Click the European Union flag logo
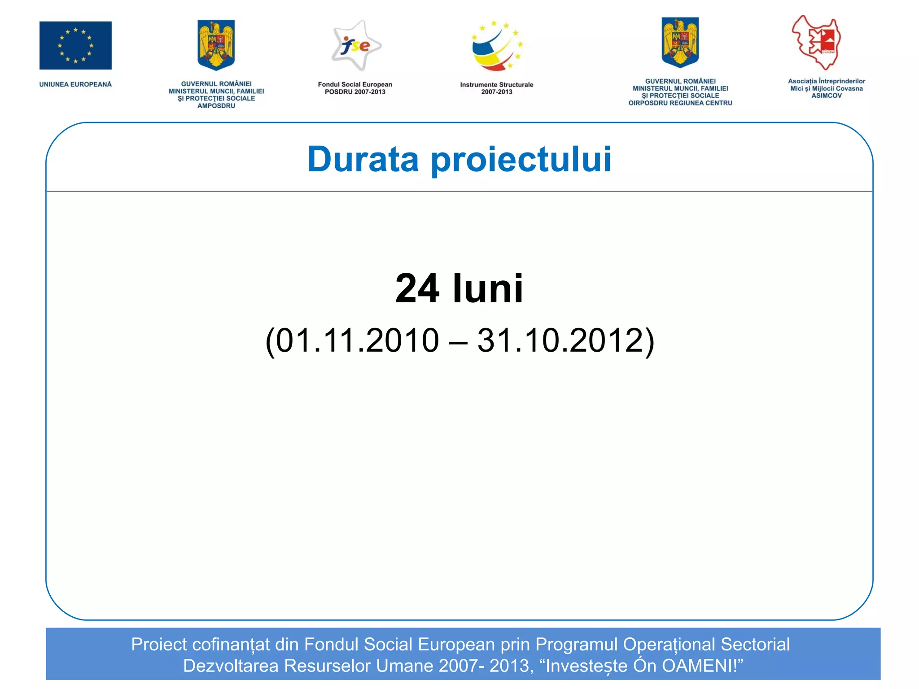75,45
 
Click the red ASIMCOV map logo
817,43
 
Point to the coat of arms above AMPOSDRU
216,45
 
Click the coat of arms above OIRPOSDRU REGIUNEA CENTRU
680,43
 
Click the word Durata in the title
363,159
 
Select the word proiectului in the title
521,160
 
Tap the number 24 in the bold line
417,288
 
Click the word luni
488,288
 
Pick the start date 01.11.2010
357,340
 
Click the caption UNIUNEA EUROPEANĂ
75,84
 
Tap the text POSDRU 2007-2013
355,92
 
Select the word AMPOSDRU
216,106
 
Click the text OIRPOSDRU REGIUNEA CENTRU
680,103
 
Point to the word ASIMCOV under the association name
826,96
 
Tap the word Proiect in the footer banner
159,645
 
